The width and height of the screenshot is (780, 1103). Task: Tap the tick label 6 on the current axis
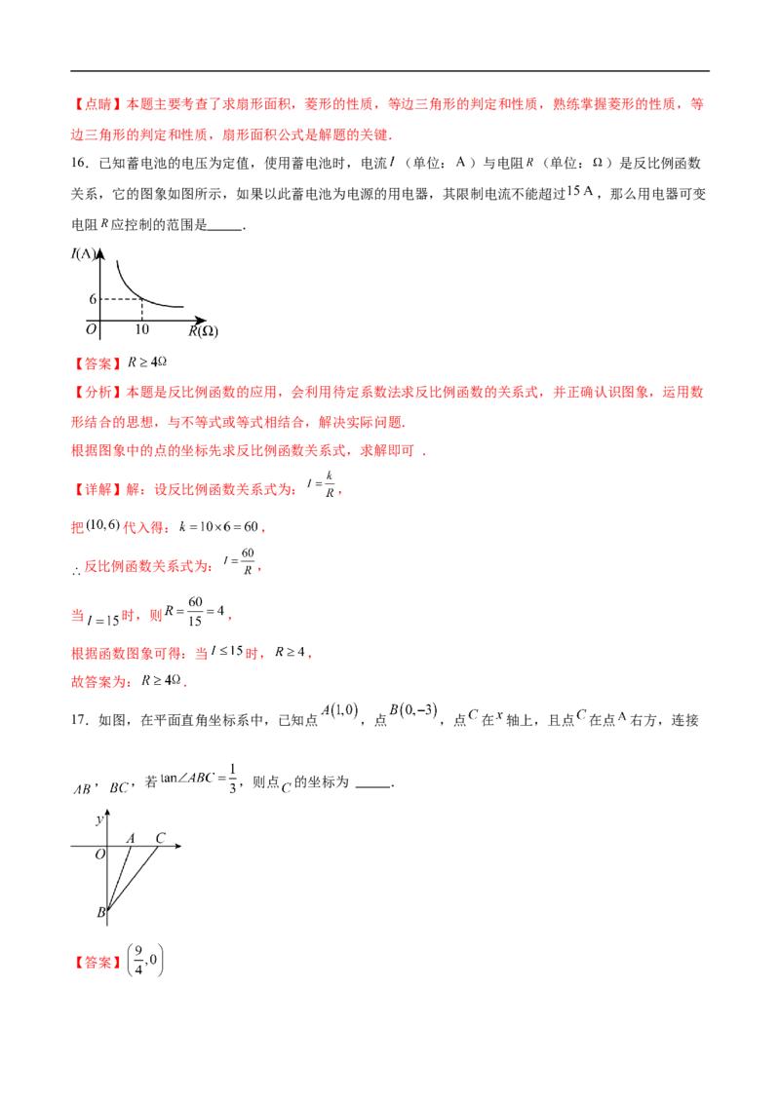[x=93, y=299]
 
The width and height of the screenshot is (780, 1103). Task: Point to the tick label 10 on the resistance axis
[x=142, y=329]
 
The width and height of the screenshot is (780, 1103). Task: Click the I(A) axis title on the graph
[x=84, y=253]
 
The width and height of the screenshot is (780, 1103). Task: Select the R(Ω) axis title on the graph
[x=204, y=330]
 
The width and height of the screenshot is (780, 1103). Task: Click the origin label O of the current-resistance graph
[x=91, y=329]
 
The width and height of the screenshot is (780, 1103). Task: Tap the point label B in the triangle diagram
[x=100, y=912]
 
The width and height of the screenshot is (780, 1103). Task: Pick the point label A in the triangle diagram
[x=131, y=838]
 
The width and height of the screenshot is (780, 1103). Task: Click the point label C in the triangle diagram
[x=160, y=838]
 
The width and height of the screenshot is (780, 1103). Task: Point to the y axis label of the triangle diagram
[x=99, y=819]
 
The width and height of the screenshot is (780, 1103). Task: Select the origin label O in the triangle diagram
[x=100, y=854]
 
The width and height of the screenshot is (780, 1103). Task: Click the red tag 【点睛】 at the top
[x=97, y=104]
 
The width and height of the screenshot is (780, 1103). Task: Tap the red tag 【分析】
[x=97, y=392]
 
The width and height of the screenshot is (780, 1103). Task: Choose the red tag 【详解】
[x=97, y=489]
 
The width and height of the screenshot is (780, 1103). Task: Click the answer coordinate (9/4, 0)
[x=145, y=961]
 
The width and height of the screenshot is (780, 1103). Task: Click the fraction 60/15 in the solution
[x=195, y=611]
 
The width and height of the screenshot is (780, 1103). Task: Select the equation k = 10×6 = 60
[x=219, y=526]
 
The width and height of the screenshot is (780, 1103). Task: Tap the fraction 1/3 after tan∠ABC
[x=232, y=779]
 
